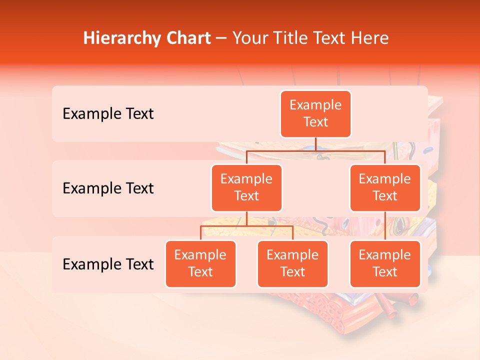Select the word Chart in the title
coord(188,38)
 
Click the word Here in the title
coord(369,38)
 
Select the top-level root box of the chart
coord(315,114)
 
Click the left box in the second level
coord(246,188)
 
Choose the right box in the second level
coord(385,188)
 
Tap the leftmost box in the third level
coord(200,264)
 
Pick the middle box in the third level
coord(292,264)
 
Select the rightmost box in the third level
coord(385,264)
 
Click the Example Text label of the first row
coord(108,114)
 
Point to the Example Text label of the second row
coord(108,188)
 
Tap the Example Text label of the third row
coord(108,264)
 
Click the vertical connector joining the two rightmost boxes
coord(385,226)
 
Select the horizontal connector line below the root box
coord(315,150)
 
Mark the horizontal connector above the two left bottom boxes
coord(246,226)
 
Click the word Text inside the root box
coord(315,122)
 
